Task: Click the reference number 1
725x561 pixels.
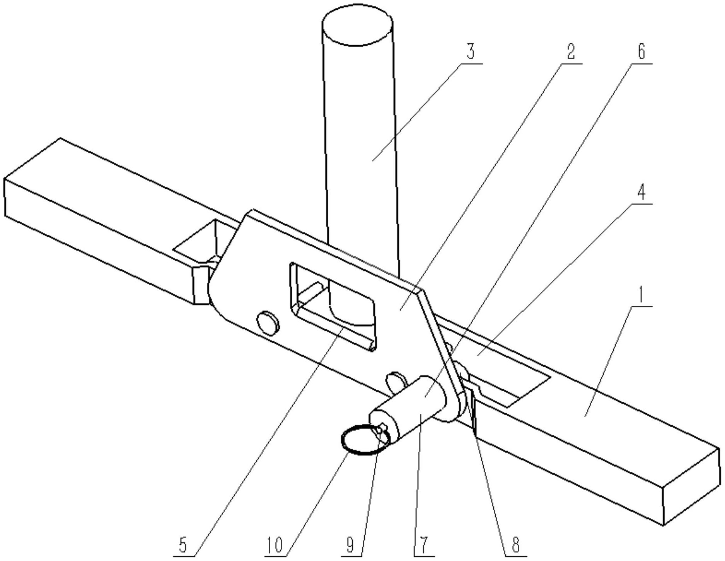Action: (x=640, y=297)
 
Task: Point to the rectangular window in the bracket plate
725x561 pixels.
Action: (x=332, y=306)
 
